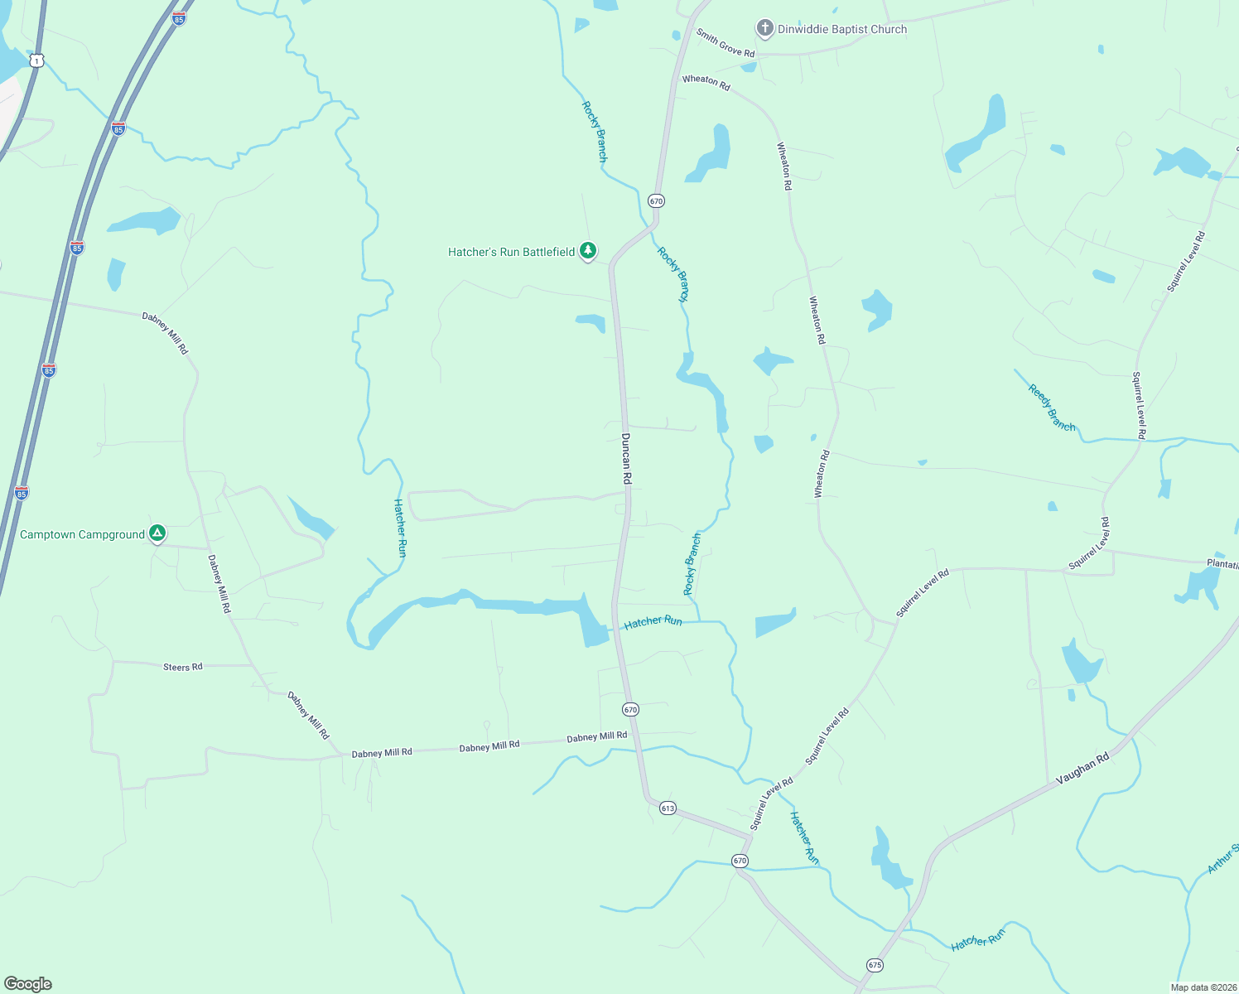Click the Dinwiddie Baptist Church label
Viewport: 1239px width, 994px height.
pyautogui.click(x=841, y=29)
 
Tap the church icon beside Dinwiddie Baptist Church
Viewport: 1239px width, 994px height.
pyautogui.click(x=764, y=28)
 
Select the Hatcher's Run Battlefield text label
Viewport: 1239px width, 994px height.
pyautogui.click(x=511, y=252)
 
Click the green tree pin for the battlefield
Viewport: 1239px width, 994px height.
pyautogui.click(x=588, y=250)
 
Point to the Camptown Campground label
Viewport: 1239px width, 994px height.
pyautogui.click(x=82, y=535)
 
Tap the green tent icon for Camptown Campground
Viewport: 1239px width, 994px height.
pyautogui.click(x=157, y=533)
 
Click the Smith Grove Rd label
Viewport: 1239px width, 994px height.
pyautogui.click(x=726, y=43)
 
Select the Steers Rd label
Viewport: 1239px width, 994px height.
pyautogui.click(x=183, y=667)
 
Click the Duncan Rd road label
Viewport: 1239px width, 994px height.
pyautogui.click(x=626, y=458)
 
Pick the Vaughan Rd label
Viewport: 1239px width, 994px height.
pyautogui.click(x=1082, y=769)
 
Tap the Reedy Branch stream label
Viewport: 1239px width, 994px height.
pyautogui.click(x=1052, y=408)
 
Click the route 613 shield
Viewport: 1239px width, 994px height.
pyautogui.click(x=668, y=808)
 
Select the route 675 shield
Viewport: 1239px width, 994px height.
pyautogui.click(x=875, y=965)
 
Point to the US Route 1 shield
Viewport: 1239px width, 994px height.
pyautogui.click(x=36, y=60)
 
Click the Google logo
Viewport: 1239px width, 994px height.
pyautogui.click(x=28, y=984)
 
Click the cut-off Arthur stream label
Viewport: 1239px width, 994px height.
pyautogui.click(x=1222, y=858)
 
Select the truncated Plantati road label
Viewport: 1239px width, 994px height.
pyautogui.click(x=1222, y=564)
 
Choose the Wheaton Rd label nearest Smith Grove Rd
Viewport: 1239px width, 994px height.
pyautogui.click(x=706, y=82)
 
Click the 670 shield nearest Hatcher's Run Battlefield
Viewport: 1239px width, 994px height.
pyautogui.click(x=656, y=201)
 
